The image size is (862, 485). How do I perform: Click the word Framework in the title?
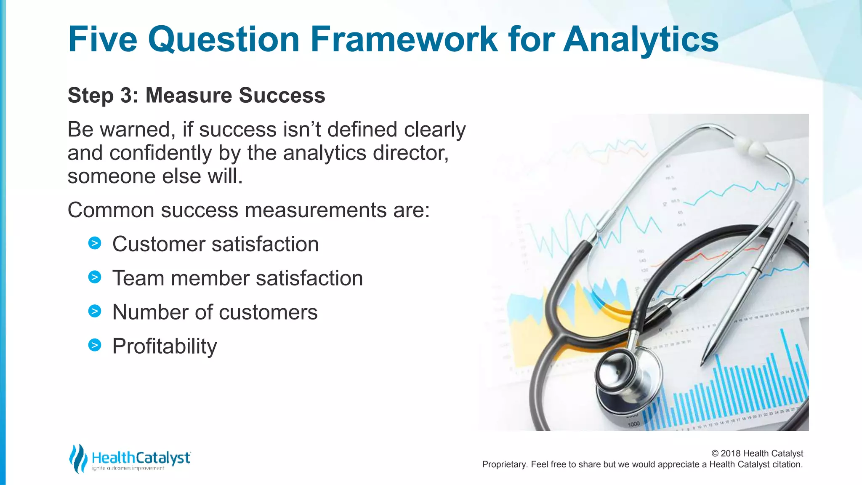(404, 39)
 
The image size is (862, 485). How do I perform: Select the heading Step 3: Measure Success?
(196, 95)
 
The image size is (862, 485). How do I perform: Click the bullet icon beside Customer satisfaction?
(95, 243)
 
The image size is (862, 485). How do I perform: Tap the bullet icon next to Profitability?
(95, 345)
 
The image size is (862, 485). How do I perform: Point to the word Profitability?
(165, 346)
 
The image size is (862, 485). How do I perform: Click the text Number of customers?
(215, 312)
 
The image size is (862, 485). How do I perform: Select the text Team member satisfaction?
(237, 278)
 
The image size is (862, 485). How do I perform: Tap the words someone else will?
(155, 176)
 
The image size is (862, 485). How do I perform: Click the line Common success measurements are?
(248, 210)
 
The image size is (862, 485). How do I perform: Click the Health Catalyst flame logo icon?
(78, 458)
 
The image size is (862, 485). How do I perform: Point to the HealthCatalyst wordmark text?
(141, 458)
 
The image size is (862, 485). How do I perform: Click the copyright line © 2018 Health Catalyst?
(757, 453)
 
